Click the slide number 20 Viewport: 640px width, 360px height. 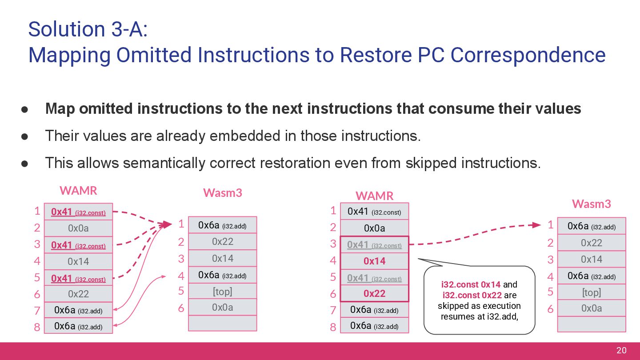tap(621, 351)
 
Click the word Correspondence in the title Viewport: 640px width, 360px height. tap(528, 55)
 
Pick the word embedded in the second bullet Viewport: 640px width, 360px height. tap(254, 136)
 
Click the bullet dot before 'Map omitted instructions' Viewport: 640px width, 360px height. tap(25, 109)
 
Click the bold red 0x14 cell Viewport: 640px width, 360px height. tap(374, 261)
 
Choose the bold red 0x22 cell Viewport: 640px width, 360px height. tap(374, 293)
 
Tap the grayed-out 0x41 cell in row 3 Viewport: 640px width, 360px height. tap(374, 245)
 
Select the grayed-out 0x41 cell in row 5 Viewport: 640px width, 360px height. tap(374, 278)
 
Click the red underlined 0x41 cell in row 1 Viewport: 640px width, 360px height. tap(78, 212)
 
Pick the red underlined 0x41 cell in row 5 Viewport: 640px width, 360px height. tap(78, 279)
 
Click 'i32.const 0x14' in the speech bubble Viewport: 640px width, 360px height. tap(471, 284)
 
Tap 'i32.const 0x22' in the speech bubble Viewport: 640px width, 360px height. tap(472, 295)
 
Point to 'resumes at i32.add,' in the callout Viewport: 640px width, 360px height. tap(479, 316)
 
